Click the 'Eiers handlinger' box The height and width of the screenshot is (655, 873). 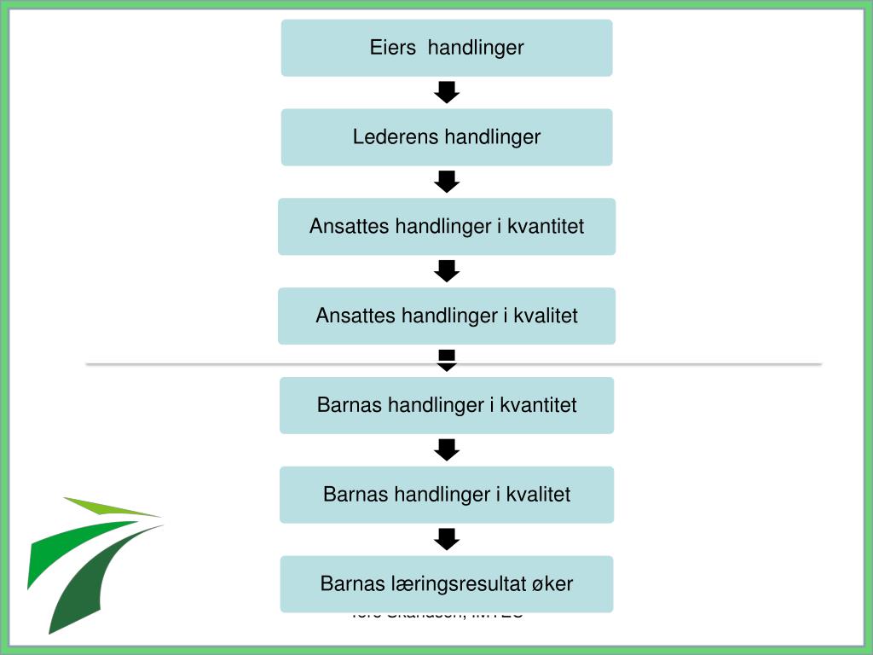(x=447, y=48)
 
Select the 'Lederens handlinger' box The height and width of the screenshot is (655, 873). (x=447, y=137)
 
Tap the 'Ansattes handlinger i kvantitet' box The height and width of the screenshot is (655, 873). (x=447, y=227)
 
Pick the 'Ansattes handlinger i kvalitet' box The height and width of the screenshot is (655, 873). (x=447, y=316)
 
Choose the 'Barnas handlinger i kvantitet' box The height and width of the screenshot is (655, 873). (x=447, y=405)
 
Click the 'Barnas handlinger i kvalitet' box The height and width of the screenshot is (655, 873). (x=447, y=495)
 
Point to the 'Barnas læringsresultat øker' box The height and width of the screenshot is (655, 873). (x=447, y=584)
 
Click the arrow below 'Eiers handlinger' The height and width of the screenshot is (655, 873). (x=447, y=92)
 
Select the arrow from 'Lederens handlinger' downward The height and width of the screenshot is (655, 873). (x=447, y=182)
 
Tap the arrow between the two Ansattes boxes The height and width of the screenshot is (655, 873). (x=447, y=271)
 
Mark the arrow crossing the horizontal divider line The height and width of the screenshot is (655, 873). (x=447, y=360)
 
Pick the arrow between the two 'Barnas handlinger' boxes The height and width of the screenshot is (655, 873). (x=447, y=449)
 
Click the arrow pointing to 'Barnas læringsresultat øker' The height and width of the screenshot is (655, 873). (x=447, y=539)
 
